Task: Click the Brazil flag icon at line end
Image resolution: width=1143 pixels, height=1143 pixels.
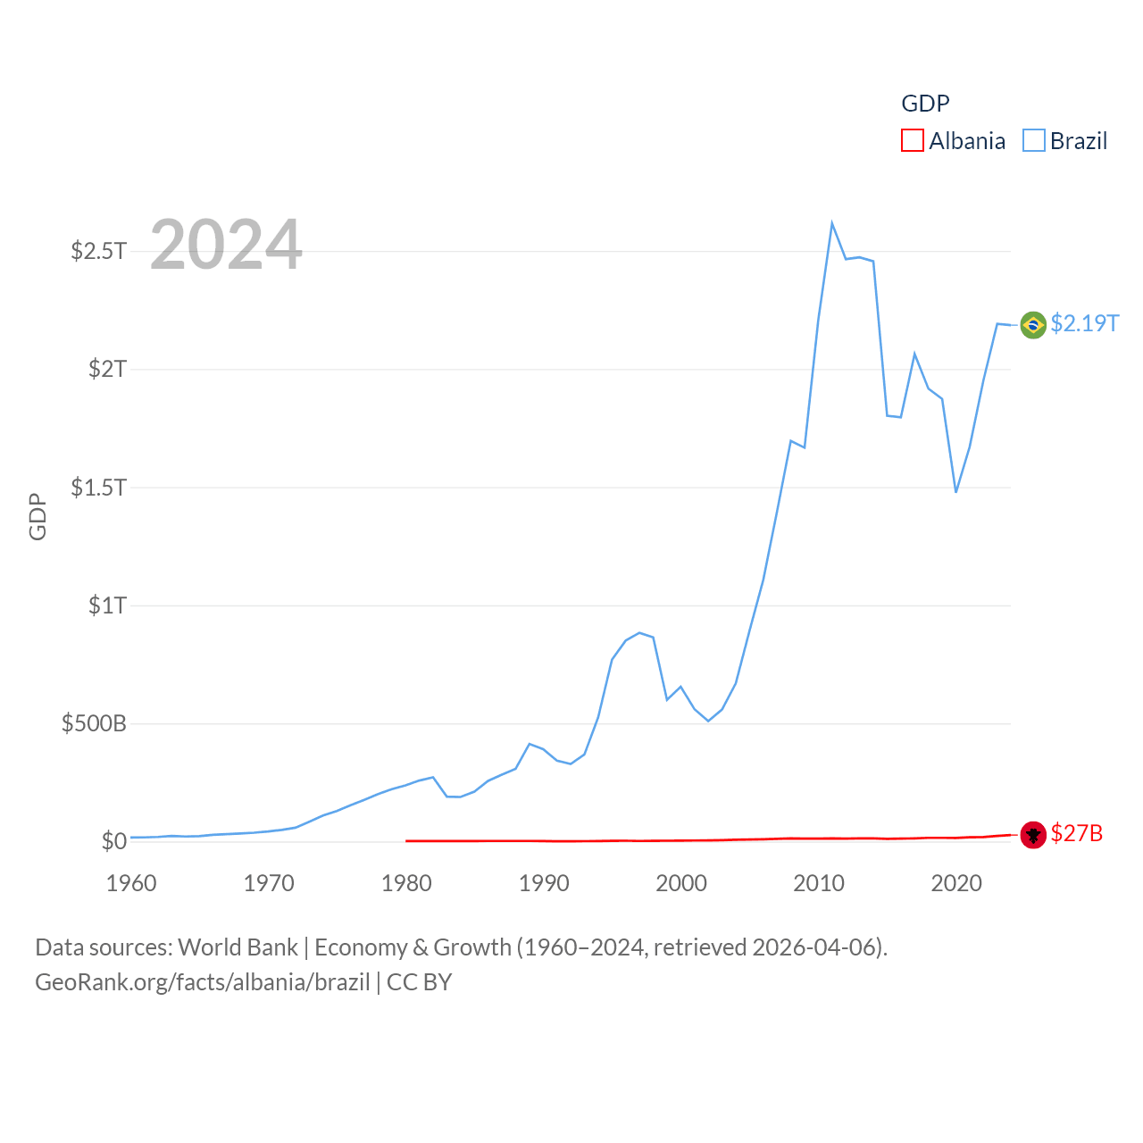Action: click(x=1033, y=324)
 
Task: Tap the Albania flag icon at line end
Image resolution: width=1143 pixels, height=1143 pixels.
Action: click(x=1033, y=834)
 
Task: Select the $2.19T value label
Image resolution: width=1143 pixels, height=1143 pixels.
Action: click(x=1084, y=323)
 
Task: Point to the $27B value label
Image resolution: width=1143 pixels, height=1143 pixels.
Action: click(x=1076, y=833)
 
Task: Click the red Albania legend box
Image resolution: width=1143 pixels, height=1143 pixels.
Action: click(x=912, y=141)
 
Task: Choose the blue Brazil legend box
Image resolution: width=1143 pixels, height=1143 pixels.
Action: click(x=1033, y=141)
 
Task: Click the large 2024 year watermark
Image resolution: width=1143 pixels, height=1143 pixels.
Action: click(x=226, y=245)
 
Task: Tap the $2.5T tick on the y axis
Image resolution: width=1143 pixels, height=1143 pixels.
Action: click(x=98, y=251)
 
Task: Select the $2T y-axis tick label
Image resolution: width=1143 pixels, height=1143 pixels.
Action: click(x=107, y=369)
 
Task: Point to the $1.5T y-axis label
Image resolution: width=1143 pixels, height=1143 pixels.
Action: click(x=98, y=488)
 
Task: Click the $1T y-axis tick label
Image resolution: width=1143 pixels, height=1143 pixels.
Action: click(x=107, y=605)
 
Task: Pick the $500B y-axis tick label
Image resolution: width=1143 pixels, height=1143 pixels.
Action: click(x=94, y=723)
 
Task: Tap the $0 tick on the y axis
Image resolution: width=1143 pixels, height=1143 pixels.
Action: click(x=113, y=841)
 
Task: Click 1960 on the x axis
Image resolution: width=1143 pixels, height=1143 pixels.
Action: click(x=131, y=883)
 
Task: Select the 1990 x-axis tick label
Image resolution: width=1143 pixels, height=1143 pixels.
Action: click(x=544, y=883)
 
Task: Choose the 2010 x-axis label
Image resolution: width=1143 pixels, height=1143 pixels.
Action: click(x=819, y=883)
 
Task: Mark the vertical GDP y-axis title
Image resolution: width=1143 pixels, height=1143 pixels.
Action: click(x=38, y=516)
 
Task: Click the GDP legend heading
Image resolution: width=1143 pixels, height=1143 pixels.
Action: click(x=925, y=104)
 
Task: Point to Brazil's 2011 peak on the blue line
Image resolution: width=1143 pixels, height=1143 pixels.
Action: click(x=831, y=223)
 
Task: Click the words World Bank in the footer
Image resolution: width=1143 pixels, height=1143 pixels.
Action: click(x=238, y=947)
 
